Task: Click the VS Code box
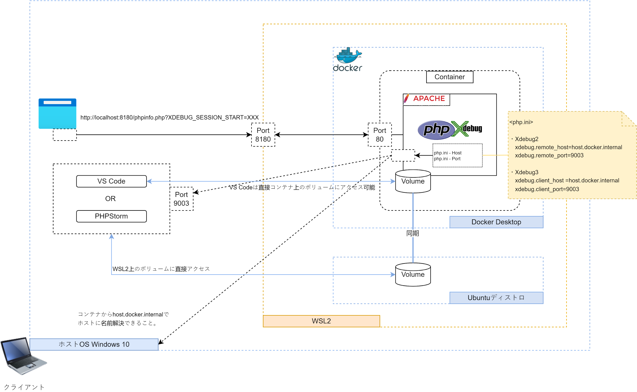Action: point(111,181)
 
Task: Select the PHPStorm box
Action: point(111,216)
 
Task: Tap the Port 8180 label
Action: point(263,135)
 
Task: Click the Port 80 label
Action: point(380,135)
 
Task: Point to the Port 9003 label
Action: point(181,199)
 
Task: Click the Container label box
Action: point(450,77)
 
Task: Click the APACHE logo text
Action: point(429,99)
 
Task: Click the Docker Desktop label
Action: point(496,222)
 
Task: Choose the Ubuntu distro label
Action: point(496,298)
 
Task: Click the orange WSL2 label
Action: point(321,321)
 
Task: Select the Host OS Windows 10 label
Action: point(94,345)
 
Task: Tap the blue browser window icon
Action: point(57,114)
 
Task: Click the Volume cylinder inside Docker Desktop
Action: point(413,181)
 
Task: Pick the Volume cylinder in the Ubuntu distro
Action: point(413,275)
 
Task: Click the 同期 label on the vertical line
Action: point(413,233)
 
